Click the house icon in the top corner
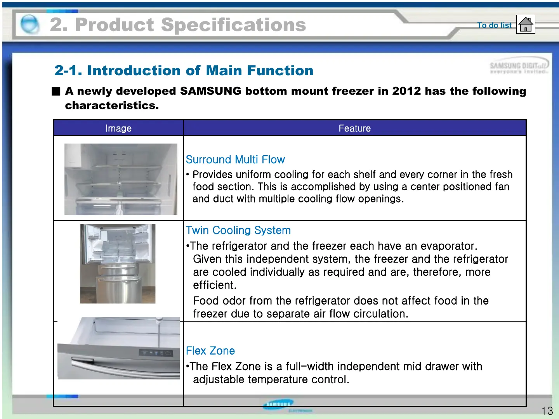[526, 24]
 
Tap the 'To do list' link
[494, 25]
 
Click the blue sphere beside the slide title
[30, 24]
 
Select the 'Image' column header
[118, 128]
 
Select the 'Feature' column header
[354, 128]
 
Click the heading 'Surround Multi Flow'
[235, 159]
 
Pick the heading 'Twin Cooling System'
[238, 230]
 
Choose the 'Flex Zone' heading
[210, 351]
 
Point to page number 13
[547, 411]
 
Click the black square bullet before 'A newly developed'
[56, 91]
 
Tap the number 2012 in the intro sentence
[406, 91]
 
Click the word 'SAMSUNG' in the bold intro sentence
[211, 91]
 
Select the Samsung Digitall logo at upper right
[519, 66]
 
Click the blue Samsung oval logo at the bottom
[278, 405]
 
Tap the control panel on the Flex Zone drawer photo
[156, 353]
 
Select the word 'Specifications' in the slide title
[233, 25]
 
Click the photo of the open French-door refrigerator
[118, 263]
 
